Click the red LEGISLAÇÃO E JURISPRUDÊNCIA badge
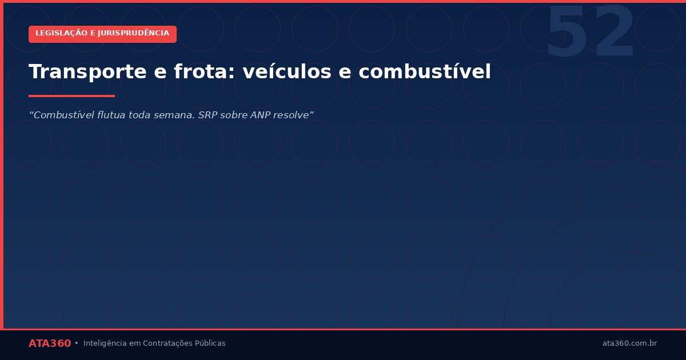click(x=102, y=34)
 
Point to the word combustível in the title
click(x=425, y=72)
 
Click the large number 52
click(x=590, y=33)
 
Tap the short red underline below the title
click(x=71, y=96)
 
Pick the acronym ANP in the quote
click(x=261, y=115)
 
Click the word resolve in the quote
click(x=294, y=115)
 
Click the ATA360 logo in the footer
click(x=50, y=343)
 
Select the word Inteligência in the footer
click(x=105, y=343)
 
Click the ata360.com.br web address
click(x=629, y=343)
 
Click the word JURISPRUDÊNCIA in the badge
click(x=133, y=34)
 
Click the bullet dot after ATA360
click(x=77, y=343)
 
